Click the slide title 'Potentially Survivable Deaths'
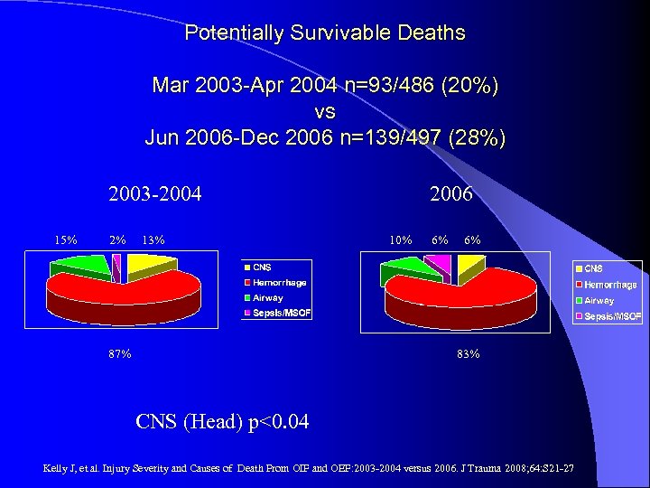coord(325,33)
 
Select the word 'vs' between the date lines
coord(325,112)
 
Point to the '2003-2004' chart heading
coord(154,193)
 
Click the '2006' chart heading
coord(451,193)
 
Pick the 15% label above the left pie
coord(65,239)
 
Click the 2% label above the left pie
coord(117,239)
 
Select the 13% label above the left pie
coord(153,239)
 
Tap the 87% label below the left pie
coord(119,354)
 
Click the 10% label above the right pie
coord(400,239)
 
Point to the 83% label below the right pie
coord(468,354)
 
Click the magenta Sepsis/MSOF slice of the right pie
coord(438,263)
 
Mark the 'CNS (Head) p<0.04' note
coord(222,420)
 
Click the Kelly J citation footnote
coord(307,468)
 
